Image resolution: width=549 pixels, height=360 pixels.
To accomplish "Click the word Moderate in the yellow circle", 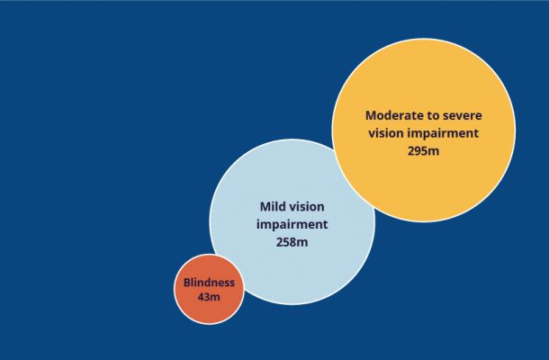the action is (x=391, y=115).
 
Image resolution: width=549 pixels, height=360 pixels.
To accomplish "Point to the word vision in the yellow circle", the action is (x=386, y=133).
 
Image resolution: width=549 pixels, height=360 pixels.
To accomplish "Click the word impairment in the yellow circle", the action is (x=444, y=134).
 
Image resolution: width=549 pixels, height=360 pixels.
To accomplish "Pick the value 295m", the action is (x=423, y=151).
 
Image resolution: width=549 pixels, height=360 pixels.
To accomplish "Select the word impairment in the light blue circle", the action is (x=292, y=225).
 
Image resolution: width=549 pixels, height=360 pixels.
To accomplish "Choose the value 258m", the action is (x=292, y=242).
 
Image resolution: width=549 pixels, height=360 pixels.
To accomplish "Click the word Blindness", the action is (x=209, y=283).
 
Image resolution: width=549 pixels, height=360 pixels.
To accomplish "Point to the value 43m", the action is (x=209, y=297).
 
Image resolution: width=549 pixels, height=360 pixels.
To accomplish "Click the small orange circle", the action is (x=209, y=289).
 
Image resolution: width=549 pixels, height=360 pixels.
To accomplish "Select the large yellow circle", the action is (x=424, y=130).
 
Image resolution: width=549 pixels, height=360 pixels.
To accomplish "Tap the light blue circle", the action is (x=292, y=222).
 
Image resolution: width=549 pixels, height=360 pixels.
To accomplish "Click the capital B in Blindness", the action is (x=187, y=283).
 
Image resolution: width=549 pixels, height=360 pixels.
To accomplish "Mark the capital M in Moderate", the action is (x=371, y=115).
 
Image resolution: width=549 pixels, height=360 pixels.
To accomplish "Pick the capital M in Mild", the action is (x=265, y=207).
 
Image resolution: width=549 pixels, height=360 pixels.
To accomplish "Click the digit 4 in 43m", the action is (x=201, y=297).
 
